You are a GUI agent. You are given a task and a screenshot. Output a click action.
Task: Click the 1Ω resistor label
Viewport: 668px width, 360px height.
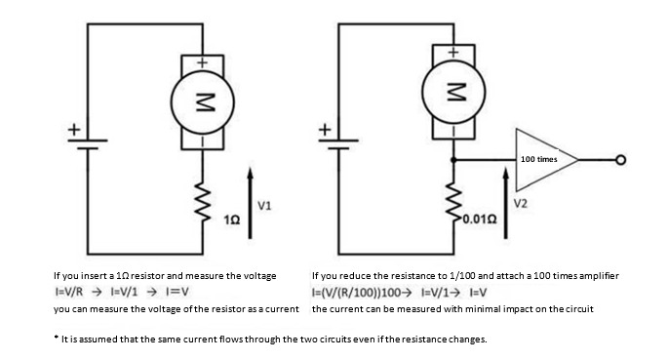pyautogui.click(x=232, y=220)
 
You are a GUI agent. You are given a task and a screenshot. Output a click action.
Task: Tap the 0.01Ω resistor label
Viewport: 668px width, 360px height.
pyautogui.click(x=480, y=220)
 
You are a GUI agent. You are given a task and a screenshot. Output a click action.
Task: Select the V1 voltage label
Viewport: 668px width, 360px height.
pyautogui.click(x=264, y=206)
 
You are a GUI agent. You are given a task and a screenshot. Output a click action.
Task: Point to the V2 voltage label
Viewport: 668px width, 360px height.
pyautogui.click(x=520, y=203)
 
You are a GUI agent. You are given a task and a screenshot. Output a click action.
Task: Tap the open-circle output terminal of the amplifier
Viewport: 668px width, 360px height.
pyautogui.click(x=621, y=160)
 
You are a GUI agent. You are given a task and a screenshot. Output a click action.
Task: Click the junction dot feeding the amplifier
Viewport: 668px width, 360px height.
pyautogui.click(x=453, y=160)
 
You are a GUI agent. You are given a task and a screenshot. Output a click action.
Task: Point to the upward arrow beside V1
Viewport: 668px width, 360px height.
pyautogui.click(x=250, y=203)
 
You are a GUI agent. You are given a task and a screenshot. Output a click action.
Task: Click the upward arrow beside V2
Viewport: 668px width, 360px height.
pyautogui.click(x=506, y=203)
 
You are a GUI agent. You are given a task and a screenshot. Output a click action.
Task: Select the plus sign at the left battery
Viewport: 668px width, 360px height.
pyautogui.click(x=74, y=129)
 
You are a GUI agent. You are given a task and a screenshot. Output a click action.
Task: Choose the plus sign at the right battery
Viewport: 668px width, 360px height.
pyautogui.click(x=326, y=129)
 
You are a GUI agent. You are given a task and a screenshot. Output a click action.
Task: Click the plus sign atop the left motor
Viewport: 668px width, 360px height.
pyautogui.click(x=203, y=62)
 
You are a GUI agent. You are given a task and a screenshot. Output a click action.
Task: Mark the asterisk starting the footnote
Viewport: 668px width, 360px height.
pyautogui.click(x=56, y=338)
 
